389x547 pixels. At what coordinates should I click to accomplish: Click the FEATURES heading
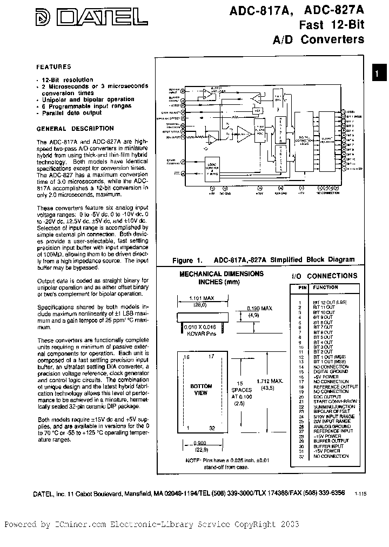pyautogui.click(x=53, y=67)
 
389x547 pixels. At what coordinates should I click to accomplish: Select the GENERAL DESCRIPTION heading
pyautogui.click(x=75, y=129)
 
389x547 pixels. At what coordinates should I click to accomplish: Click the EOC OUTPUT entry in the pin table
pyautogui.click(x=327, y=397)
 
